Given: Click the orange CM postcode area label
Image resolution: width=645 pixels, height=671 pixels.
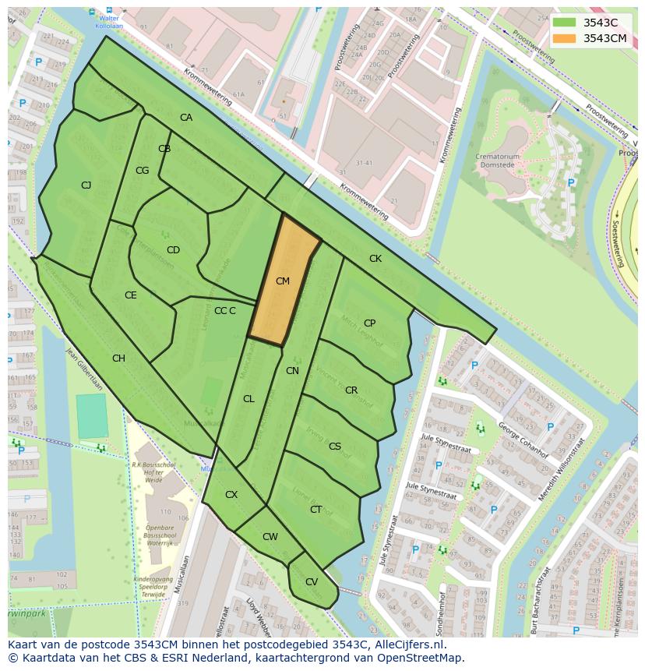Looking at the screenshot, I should (283, 281).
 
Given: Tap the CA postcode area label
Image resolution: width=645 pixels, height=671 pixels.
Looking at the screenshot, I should (186, 118).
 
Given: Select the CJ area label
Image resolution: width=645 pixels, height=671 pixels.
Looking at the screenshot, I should (86, 185).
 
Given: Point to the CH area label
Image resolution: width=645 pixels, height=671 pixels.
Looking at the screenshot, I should (118, 358).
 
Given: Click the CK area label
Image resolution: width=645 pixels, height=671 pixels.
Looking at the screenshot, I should (375, 259).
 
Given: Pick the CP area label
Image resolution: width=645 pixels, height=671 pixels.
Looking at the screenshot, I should (369, 323).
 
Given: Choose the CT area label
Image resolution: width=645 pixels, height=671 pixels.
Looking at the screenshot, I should (315, 510).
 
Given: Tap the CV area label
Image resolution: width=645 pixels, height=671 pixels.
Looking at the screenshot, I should (311, 582).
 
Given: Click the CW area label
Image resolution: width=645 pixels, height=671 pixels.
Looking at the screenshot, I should (270, 537).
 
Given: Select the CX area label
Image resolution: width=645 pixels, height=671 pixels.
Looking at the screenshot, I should (231, 495).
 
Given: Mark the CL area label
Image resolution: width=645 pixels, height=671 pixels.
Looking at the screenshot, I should (248, 399).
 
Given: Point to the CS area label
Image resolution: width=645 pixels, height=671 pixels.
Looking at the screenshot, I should (335, 447).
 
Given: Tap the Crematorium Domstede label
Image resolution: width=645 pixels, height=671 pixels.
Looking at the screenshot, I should (499, 161).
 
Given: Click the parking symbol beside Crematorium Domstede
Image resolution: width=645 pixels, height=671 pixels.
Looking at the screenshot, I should (571, 183).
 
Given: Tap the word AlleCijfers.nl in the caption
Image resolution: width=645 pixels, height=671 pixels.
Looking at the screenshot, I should (408, 645).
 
